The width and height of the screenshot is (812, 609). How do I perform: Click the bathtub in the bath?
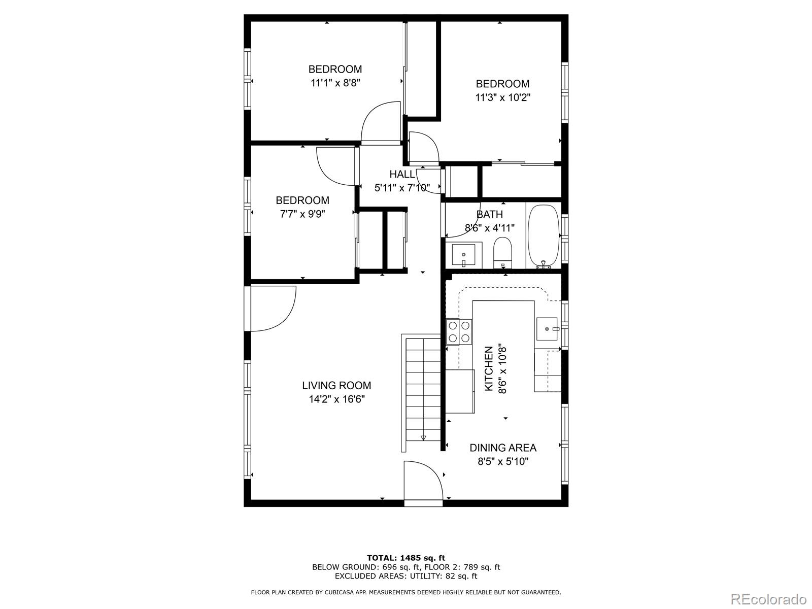(x=543, y=236)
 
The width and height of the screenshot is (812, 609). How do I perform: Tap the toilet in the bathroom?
(x=503, y=252)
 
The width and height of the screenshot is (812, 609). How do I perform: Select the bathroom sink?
(x=463, y=255)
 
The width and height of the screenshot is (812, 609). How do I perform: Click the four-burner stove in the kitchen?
(x=459, y=332)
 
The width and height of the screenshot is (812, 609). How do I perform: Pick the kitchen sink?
(x=547, y=329)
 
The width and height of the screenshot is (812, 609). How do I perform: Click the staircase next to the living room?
(x=423, y=391)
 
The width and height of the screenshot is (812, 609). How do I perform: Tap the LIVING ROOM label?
(x=336, y=386)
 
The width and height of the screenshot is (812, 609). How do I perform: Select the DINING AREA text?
(x=502, y=448)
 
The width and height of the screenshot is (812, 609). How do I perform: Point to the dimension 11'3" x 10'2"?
(x=502, y=97)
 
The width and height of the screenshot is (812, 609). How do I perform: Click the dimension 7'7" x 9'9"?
(x=302, y=214)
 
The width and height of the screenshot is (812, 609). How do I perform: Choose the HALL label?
(x=402, y=174)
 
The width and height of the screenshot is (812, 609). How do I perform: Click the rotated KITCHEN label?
(x=489, y=368)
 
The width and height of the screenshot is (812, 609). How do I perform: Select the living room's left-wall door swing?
(x=272, y=309)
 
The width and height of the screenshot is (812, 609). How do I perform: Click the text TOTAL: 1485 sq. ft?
(x=406, y=558)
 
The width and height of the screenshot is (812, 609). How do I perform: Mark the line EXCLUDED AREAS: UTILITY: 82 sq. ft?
(x=406, y=576)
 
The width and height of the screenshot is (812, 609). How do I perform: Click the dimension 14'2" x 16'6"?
(x=336, y=399)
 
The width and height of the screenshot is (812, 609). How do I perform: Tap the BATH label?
(x=490, y=214)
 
